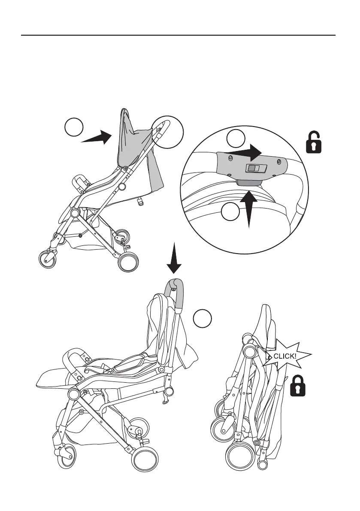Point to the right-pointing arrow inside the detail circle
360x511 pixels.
point(242,152)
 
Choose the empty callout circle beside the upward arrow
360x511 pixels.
point(230,212)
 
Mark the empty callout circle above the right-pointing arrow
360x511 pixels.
point(236,138)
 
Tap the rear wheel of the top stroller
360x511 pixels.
point(129,261)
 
